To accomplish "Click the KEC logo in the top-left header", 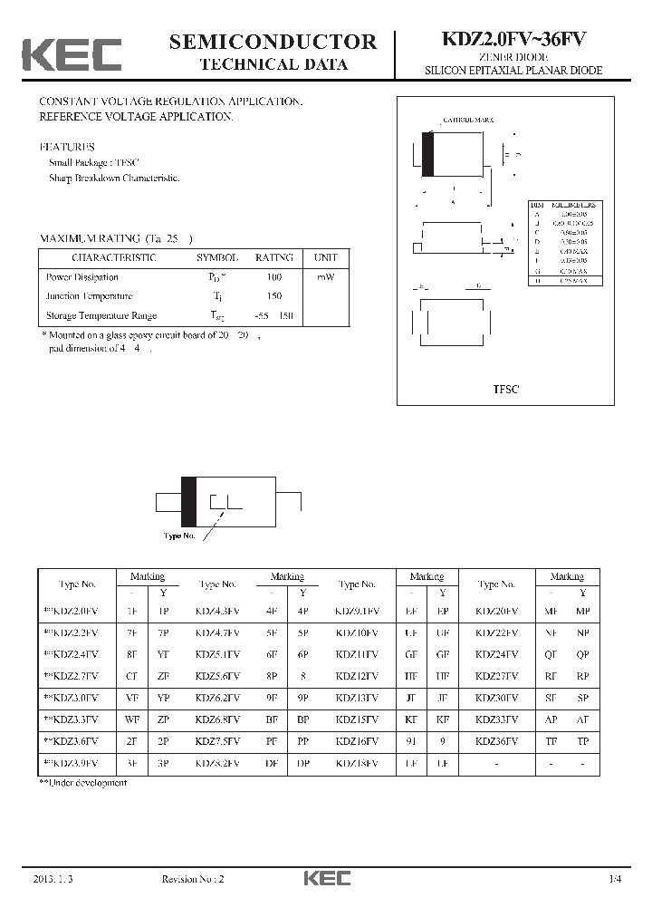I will (x=72, y=54).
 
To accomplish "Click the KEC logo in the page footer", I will (x=326, y=878).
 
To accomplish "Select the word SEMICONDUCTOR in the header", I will (x=273, y=42).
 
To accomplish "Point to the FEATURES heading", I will (x=67, y=147).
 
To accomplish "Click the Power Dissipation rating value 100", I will (x=274, y=277).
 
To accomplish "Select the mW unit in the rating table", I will (x=325, y=277).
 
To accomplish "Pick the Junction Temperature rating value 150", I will (x=274, y=296).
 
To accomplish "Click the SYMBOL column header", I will (x=217, y=257).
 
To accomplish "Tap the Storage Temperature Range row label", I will (x=101, y=315).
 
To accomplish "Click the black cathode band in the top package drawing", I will (x=428, y=154).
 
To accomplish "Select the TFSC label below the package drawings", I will (x=505, y=388).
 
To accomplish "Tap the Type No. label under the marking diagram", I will (x=179, y=536).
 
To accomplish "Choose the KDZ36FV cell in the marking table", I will (x=497, y=741).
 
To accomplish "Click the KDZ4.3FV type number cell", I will (x=217, y=611).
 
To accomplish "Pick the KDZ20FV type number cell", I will (x=497, y=611).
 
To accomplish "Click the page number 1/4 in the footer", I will (x=617, y=879).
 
